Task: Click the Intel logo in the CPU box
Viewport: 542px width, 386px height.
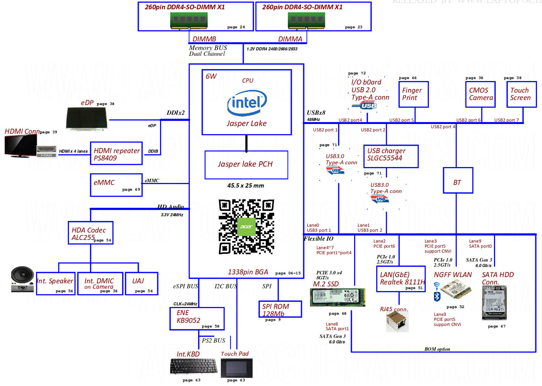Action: click(x=247, y=103)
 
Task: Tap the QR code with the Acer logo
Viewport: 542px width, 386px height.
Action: click(x=246, y=227)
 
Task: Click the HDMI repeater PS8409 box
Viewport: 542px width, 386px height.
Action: click(x=116, y=154)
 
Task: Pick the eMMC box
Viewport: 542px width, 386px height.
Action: click(x=116, y=185)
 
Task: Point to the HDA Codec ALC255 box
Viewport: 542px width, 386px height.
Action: click(x=91, y=233)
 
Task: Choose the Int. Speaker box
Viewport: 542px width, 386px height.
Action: click(x=56, y=284)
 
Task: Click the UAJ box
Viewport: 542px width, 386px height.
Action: click(x=141, y=284)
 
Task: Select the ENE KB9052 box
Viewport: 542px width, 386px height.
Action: click(x=197, y=319)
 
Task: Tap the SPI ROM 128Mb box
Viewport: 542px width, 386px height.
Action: click(x=280, y=309)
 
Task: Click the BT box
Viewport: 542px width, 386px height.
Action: click(x=458, y=180)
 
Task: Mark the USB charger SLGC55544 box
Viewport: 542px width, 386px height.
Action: click(x=391, y=156)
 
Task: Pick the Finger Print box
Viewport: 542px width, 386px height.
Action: click(x=413, y=94)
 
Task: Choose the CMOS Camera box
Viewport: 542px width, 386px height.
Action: click(x=480, y=94)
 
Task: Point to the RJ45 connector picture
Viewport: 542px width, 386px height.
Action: click(x=397, y=321)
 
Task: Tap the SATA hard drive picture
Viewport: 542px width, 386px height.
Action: click(x=494, y=302)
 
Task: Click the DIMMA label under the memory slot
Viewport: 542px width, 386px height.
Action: click(x=290, y=39)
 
